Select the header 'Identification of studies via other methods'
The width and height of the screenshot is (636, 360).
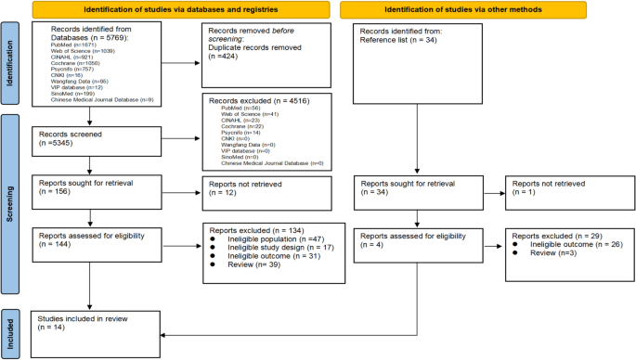point(442,10)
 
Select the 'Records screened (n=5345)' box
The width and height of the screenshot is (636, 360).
point(91,139)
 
